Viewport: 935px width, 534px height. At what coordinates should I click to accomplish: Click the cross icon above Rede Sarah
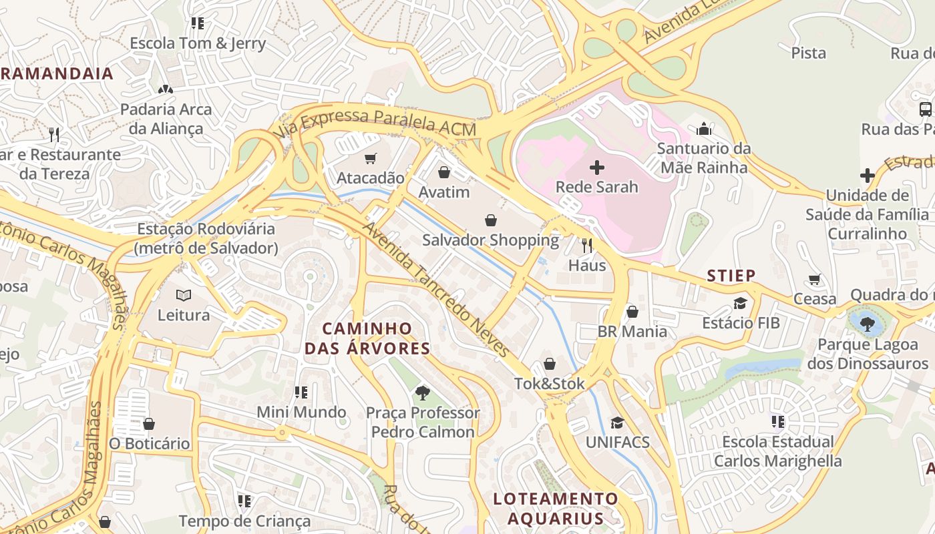(x=597, y=168)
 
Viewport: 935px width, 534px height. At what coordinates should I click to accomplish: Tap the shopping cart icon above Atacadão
(x=371, y=158)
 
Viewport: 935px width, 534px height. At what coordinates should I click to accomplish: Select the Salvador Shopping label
(x=490, y=240)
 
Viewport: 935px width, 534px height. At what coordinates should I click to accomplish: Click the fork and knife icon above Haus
(x=587, y=245)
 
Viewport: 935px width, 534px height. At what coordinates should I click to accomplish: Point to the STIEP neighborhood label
(x=731, y=276)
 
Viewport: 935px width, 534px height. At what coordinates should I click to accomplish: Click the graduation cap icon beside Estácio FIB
(x=740, y=304)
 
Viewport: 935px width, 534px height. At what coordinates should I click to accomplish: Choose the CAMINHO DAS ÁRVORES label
(x=367, y=338)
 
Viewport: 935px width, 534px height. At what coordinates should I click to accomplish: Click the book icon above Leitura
(x=184, y=295)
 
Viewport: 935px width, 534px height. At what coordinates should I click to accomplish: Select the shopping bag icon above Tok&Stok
(x=549, y=364)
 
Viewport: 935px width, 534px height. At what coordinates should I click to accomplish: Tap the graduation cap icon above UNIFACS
(x=617, y=423)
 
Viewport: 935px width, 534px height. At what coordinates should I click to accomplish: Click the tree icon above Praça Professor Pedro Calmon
(x=422, y=392)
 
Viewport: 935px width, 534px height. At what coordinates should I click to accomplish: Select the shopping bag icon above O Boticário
(x=149, y=424)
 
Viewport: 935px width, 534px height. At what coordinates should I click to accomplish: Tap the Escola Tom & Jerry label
(x=198, y=44)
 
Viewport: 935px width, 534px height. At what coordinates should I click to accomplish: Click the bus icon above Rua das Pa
(x=925, y=109)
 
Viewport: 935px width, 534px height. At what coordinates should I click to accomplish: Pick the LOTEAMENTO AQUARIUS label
(x=556, y=509)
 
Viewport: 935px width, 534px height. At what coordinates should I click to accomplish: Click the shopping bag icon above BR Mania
(x=632, y=312)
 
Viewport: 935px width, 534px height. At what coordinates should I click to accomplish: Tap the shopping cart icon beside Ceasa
(x=814, y=280)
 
